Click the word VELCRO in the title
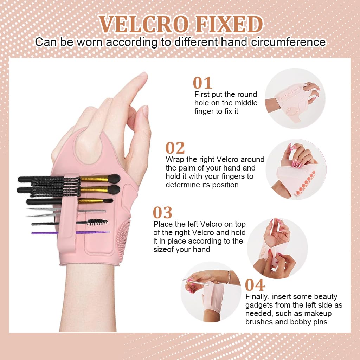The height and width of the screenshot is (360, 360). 141,25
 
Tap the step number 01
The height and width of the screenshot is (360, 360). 203,83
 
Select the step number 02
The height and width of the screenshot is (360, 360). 175,148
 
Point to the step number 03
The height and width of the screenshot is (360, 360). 162,213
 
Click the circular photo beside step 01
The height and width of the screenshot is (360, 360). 295,95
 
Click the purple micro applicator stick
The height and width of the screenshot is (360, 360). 70,233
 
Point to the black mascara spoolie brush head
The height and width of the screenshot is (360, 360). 97,222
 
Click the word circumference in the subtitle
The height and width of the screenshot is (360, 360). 287,42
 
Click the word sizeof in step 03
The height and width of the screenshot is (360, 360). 165,250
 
